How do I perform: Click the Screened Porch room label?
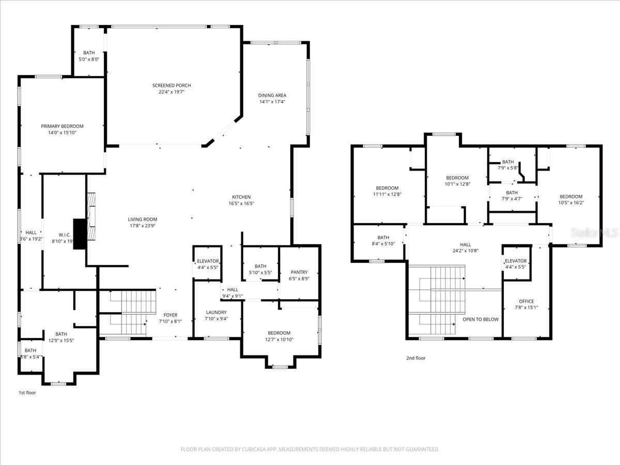[172, 86]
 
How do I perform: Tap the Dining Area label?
[272, 96]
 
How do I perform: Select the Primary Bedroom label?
[62, 126]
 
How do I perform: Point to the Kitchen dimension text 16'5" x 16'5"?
[241, 204]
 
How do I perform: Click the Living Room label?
[143, 219]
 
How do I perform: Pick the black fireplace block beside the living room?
[80, 234]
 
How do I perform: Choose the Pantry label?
[299, 272]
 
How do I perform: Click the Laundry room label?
[216, 312]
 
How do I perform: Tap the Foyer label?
[171, 315]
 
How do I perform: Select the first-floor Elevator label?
[208, 261]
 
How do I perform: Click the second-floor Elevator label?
[516, 261]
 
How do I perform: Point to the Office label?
[526, 301]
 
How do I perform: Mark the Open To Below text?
[481, 319]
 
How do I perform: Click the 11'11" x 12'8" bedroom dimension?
[387, 194]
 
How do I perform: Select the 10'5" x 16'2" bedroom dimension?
[571, 203]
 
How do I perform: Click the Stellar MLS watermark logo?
[594, 233]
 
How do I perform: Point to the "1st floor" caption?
[27, 393]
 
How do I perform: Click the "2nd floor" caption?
[416, 358]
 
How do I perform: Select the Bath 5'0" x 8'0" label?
[89, 56]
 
